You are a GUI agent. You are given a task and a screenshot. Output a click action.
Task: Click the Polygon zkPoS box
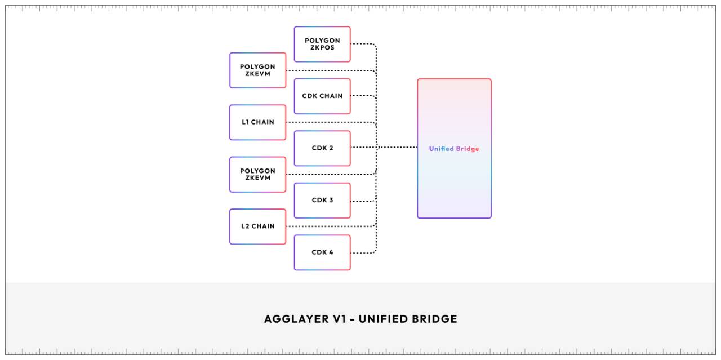pos(322,44)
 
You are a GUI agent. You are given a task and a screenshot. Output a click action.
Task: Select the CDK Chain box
pos(322,96)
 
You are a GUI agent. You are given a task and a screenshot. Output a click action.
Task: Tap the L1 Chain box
pos(258,122)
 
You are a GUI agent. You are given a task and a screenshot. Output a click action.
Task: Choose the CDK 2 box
pos(322,148)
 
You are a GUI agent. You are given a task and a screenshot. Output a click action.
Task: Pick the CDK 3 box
pos(322,200)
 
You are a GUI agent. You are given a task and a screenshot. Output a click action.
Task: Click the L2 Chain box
pos(258,226)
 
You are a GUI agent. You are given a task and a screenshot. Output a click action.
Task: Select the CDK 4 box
pos(322,252)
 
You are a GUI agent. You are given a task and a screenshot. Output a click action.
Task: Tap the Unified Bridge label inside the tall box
pos(454,149)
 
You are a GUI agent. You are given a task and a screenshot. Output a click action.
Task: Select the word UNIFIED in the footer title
pos(379,319)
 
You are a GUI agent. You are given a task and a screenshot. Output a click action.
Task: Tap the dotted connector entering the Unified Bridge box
pos(398,148)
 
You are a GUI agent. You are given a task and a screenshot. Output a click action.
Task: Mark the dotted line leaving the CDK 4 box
pos(363,252)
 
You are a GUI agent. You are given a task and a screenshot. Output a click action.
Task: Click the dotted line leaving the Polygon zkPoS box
pos(363,44)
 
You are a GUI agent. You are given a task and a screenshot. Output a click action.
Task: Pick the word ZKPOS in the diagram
pos(322,48)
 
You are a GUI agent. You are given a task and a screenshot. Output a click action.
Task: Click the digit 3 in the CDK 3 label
pos(331,200)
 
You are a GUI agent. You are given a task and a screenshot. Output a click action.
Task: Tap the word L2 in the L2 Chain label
pos(246,226)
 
